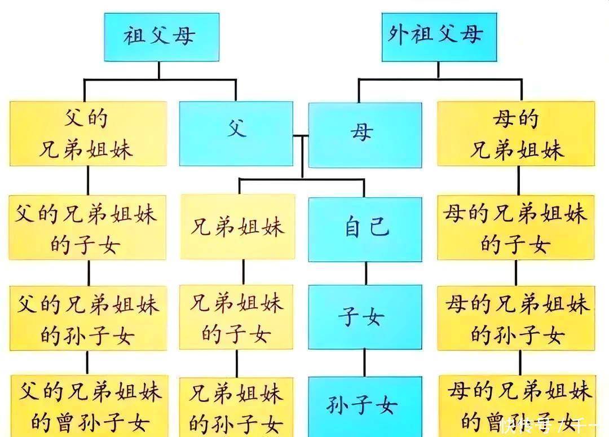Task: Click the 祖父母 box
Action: (x=161, y=37)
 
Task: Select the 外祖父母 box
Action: (x=439, y=37)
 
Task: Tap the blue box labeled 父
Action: (x=236, y=134)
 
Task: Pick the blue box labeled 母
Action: (x=365, y=134)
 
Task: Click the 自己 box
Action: (x=365, y=229)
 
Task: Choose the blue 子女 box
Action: (x=365, y=316)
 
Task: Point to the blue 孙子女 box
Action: (x=365, y=405)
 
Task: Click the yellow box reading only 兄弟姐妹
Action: (x=237, y=227)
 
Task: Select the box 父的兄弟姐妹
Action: (x=88, y=134)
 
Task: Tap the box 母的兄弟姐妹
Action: (x=515, y=134)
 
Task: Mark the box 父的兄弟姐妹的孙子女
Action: (x=88, y=318)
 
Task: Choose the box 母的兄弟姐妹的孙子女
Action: (x=516, y=318)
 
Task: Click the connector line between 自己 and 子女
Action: (x=365, y=273)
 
